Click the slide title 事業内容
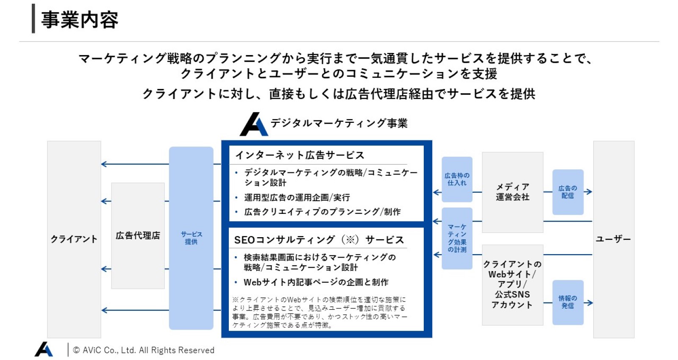point(80,20)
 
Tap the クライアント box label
point(74,239)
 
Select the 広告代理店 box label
point(138,235)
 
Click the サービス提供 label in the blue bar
point(191,238)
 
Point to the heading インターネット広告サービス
point(300,155)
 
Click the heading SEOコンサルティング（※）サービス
point(319,240)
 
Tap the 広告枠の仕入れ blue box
point(457,180)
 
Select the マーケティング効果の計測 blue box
point(457,238)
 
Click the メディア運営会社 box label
point(512,192)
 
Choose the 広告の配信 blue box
point(568,192)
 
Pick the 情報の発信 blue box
point(568,302)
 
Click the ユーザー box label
point(613,239)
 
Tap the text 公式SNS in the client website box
point(512,294)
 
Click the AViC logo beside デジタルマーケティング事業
point(254,125)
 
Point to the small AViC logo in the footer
point(44,349)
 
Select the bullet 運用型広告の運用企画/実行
point(297,197)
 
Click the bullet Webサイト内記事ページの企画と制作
point(316,282)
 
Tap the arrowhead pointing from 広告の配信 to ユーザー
point(589,192)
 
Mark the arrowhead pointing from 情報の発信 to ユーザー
point(589,302)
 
